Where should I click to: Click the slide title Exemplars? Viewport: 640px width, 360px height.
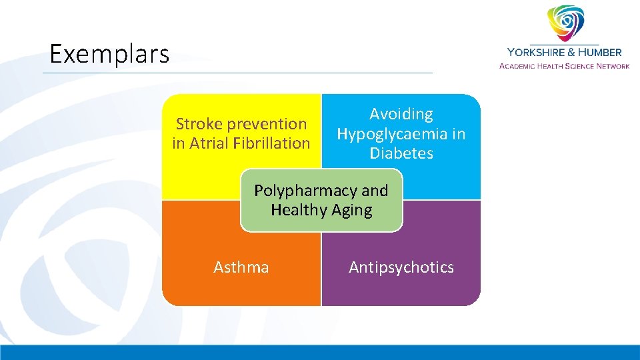pos(109,54)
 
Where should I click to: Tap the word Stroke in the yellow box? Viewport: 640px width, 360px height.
pos(199,124)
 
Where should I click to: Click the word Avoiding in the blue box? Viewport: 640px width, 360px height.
pos(401,115)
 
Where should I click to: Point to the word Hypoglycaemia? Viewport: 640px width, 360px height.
pos(392,134)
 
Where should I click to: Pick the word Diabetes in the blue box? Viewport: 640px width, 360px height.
pos(401,153)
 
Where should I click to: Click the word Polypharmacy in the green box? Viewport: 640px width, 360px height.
pos(305,191)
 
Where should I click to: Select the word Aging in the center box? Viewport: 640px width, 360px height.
pos(351,210)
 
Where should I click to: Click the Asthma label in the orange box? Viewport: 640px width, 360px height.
pos(241,267)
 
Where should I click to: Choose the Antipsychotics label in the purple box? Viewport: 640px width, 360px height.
pos(401,267)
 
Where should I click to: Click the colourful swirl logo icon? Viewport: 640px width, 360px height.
pos(565,24)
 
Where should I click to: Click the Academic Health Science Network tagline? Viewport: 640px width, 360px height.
pos(564,65)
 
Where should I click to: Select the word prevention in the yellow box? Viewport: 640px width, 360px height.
pos(266,124)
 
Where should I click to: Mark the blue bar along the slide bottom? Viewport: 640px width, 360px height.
pos(320,353)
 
